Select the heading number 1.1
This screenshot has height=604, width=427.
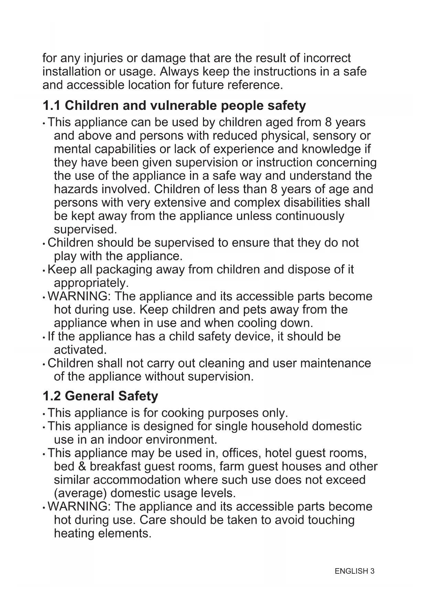pos(52,105)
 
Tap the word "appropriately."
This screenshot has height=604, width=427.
pos(91,283)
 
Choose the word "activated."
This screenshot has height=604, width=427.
pos(81,350)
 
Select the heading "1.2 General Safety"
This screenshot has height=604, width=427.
pos(100,396)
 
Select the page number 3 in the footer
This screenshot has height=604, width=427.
pos(372,571)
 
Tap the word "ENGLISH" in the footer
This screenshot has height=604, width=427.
pos(351,571)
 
